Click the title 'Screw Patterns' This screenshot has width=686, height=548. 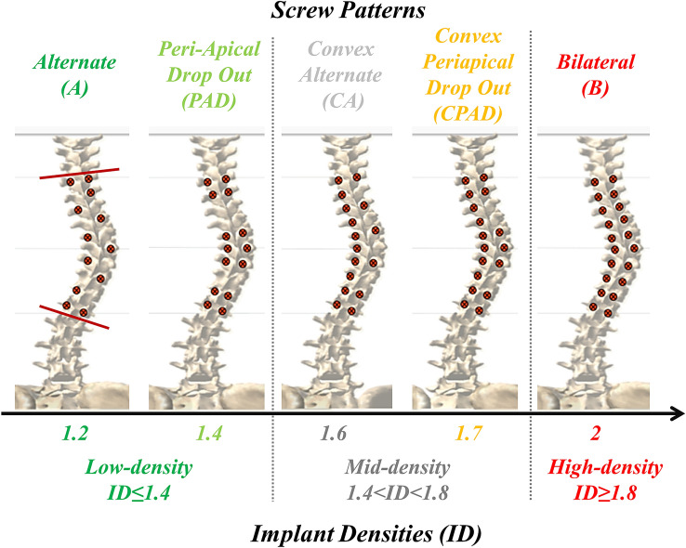pyautogui.click(x=342, y=13)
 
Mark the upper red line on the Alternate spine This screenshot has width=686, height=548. pyautogui.click(x=79, y=174)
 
